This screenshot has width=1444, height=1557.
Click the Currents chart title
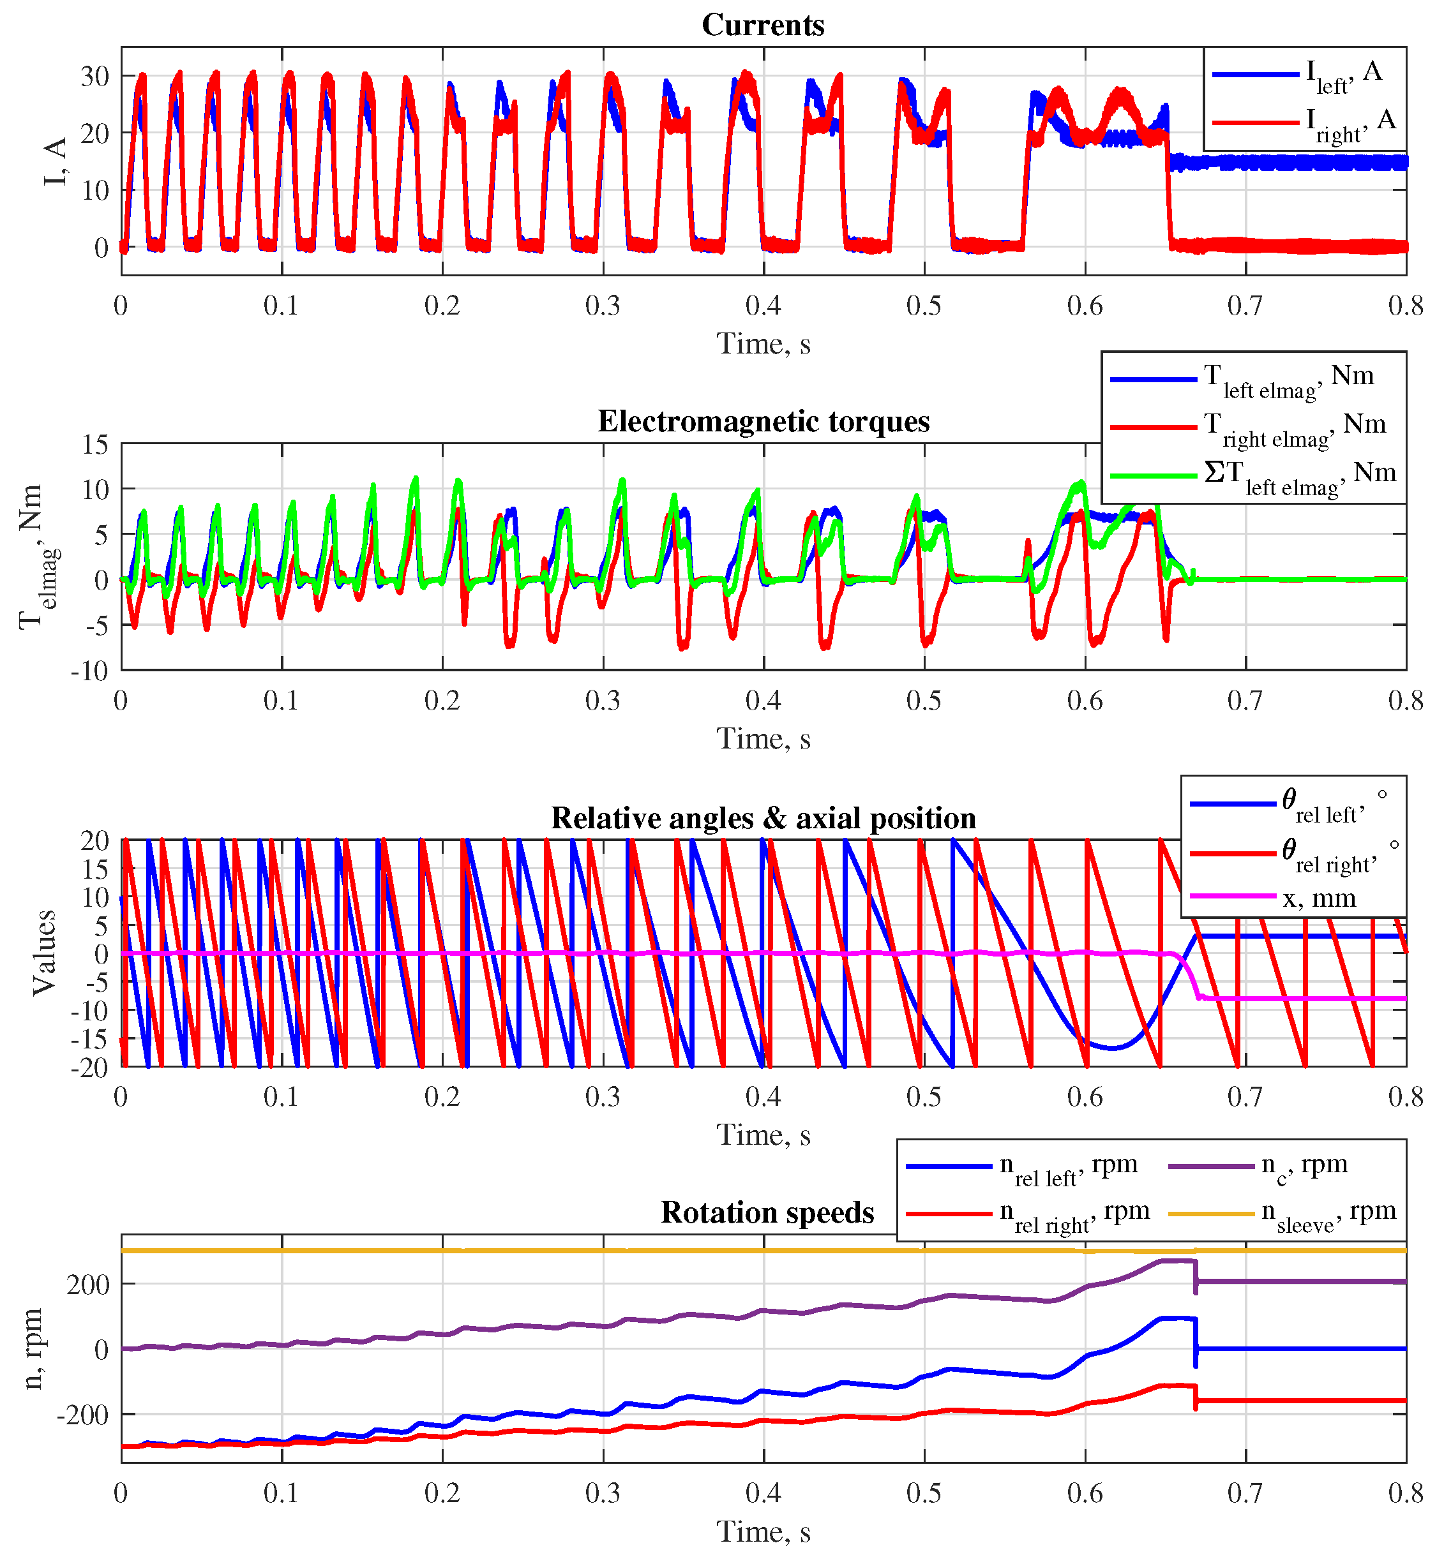[x=763, y=25]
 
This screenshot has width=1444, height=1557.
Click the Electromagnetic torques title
[x=763, y=421]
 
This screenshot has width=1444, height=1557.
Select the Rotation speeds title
[x=767, y=1212]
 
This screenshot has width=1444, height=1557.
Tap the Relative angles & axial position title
[x=763, y=817]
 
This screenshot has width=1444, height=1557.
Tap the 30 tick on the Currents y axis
[x=94, y=76]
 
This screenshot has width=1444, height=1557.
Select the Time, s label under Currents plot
[x=763, y=344]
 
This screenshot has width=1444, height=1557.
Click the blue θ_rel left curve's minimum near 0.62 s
[x=1113, y=1048]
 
